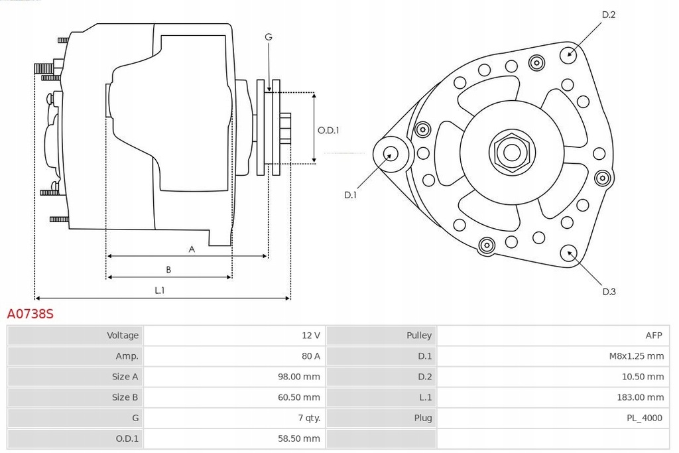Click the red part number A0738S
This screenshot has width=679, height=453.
31,314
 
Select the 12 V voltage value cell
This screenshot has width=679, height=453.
310,336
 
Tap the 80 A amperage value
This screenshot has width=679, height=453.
310,356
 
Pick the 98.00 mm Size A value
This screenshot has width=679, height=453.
299,377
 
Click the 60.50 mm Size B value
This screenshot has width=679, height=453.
299,397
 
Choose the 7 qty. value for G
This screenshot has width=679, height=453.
309,418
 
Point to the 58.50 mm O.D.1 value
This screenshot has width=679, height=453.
299,438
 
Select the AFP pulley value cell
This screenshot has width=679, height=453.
654,336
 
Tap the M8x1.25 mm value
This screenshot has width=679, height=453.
636,356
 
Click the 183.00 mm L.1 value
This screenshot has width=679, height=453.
641,397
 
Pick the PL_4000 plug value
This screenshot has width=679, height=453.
645,418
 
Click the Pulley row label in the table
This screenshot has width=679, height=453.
419,336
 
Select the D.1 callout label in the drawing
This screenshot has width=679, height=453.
351,195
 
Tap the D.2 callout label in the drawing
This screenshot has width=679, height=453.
609,15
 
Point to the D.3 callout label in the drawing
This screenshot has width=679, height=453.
609,291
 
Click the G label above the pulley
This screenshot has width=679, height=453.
269,37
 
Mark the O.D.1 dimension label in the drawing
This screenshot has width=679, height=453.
328,131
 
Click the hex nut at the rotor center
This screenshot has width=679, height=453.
511,153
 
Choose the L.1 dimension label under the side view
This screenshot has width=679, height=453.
160,290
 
